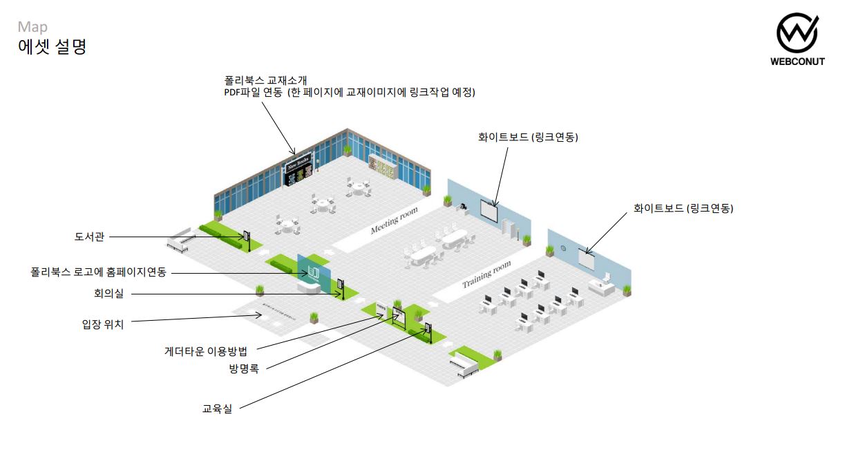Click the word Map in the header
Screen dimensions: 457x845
coord(32,27)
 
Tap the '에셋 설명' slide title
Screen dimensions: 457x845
coord(52,47)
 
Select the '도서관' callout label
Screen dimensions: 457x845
coord(89,236)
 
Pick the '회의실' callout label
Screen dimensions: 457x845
coord(108,293)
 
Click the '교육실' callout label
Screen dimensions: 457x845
coord(217,409)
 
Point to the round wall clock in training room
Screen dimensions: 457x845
coord(563,249)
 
